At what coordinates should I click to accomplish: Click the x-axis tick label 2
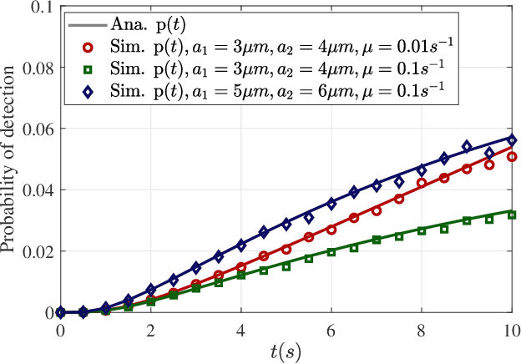pyautogui.click(x=151, y=329)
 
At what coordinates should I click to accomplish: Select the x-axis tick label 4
pyautogui.click(x=241, y=329)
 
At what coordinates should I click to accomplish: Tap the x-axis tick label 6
pyautogui.click(x=331, y=329)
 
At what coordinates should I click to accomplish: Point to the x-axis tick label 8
pyautogui.click(x=422, y=329)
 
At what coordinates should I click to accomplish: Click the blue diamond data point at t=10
pyautogui.click(x=512, y=140)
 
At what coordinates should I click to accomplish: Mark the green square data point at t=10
pyautogui.click(x=512, y=215)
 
